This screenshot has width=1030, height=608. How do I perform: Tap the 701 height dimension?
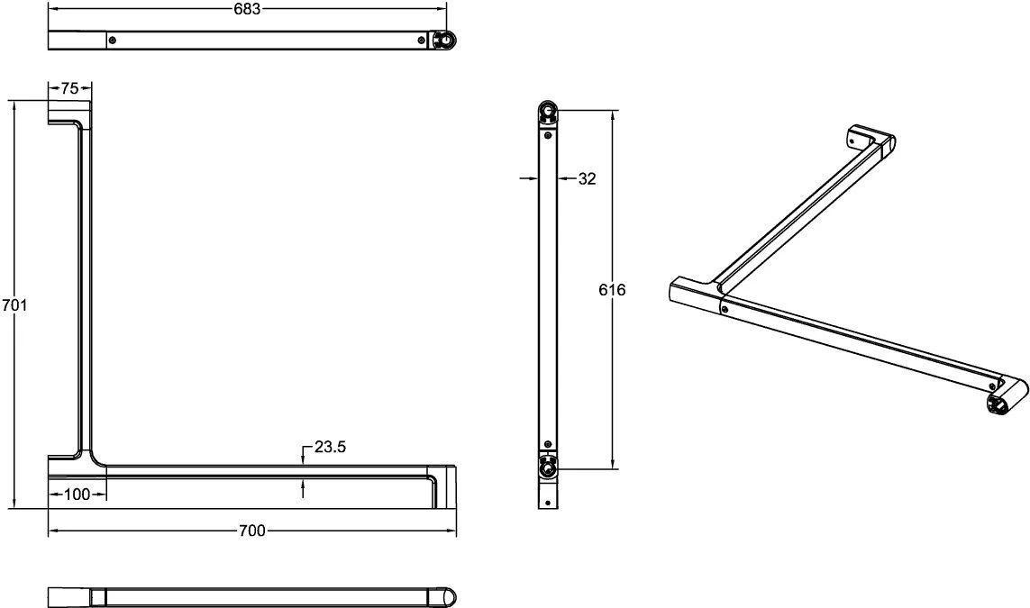(13, 305)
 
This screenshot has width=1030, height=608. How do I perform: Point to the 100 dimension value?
(78, 495)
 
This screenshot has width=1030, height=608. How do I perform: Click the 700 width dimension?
(252, 531)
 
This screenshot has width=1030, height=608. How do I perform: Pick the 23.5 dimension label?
(329, 447)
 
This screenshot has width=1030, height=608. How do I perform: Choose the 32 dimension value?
(587, 178)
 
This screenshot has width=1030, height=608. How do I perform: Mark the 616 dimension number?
(613, 289)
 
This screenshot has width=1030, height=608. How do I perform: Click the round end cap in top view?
(444, 41)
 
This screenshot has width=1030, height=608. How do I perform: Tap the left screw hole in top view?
(112, 40)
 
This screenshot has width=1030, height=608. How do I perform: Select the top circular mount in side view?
(549, 112)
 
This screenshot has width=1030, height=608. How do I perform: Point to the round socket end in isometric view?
(999, 405)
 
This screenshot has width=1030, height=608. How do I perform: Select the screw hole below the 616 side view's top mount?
(548, 134)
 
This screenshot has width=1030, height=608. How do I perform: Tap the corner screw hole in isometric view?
(725, 309)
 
